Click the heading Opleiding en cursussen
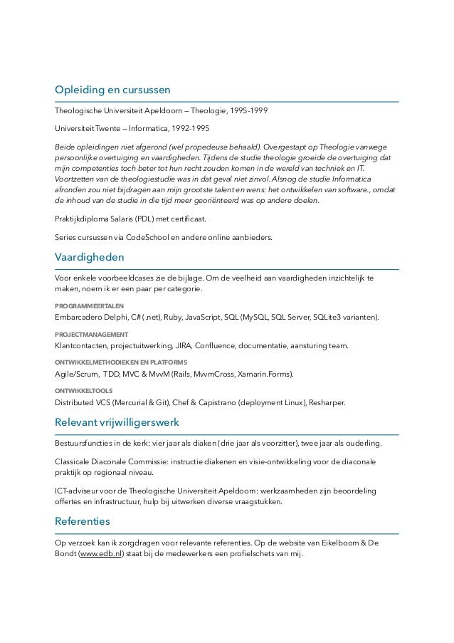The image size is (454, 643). point(112,90)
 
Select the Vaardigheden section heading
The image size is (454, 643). point(90,256)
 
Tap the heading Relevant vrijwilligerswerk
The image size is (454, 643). point(117,422)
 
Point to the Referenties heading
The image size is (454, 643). point(83,521)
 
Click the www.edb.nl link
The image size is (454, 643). point(100,553)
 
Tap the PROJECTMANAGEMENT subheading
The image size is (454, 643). point(92,334)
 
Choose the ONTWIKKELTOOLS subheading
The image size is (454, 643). point(83,391)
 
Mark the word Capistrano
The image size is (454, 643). point(213,402)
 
